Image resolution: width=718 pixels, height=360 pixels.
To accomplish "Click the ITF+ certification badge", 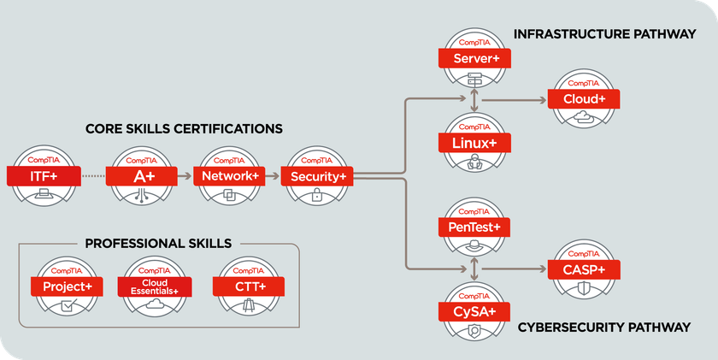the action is point(44,176).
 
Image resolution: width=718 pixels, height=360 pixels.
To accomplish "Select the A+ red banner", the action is point(142,176).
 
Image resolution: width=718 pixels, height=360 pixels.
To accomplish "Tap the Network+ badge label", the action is point(229,176).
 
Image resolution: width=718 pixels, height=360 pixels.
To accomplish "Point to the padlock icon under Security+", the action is point(316,195).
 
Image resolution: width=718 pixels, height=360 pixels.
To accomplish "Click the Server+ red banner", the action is point(475,58).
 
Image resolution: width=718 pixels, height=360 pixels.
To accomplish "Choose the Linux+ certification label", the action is point(475,143).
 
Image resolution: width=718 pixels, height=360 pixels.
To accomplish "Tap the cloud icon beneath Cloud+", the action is point(584,116).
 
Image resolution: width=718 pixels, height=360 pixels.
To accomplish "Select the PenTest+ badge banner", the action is point(474,227).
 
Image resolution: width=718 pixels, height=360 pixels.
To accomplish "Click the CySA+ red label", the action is point(475,312).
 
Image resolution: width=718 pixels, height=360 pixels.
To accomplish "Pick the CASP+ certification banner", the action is point(584,269).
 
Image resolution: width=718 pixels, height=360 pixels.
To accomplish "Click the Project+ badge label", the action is point(67,286).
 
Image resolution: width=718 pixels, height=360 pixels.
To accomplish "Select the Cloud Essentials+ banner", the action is point(155,286).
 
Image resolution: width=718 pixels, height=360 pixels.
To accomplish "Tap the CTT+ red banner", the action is point(249,286).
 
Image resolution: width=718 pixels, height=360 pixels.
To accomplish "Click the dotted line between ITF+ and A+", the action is point(93,176).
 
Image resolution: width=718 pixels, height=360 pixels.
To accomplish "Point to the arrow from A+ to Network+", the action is point(185,176).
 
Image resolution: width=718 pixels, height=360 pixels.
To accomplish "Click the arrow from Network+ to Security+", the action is point(273,176).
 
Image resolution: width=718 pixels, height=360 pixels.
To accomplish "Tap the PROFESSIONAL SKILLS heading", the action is point(158,243).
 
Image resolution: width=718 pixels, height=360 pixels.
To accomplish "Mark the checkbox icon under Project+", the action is point(68,304).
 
